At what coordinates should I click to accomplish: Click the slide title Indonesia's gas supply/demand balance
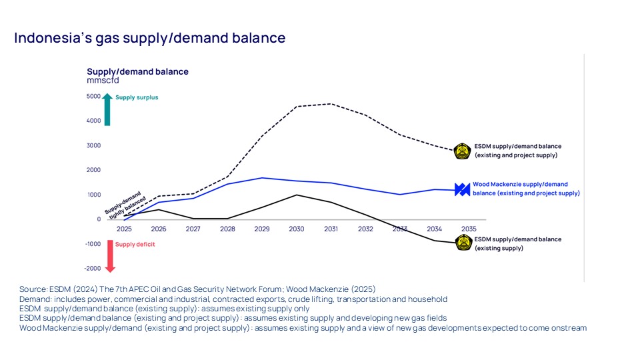[x=150, y=38]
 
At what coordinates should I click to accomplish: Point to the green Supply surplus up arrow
[x=107, y=109]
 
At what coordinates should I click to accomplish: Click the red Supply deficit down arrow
[x=110, y=256]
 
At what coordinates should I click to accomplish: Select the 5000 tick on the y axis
[x=93, y=96]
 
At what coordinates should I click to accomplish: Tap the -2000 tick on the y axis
[x=92, y=269]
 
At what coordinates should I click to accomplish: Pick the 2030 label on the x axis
[x=297, y=229]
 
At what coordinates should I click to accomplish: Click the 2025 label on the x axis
[x=124, y=229]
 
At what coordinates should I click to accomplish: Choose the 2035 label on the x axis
[x=469, y=229]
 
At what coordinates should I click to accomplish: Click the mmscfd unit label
[x=103, y=80]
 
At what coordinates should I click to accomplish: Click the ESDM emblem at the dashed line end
[x=462, y=151]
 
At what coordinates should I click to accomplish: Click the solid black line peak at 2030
[x=297, y=195]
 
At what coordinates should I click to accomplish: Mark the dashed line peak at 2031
[x=331, y=103]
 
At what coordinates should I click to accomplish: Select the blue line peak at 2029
[x=262, y=178]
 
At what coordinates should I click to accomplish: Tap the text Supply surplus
[x=137, y=97]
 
